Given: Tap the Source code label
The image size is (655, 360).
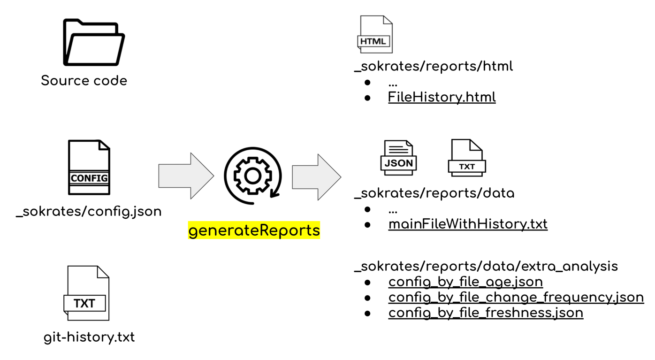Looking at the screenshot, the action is point(84,81).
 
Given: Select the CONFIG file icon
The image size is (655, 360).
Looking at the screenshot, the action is point(89,167).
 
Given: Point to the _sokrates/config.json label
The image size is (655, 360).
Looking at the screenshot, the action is point(89,212).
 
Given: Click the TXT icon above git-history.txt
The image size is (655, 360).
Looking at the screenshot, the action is point(86,293).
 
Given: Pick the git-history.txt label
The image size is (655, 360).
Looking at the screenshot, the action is point(89,337).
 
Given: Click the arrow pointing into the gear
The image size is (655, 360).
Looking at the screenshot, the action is point(186,176).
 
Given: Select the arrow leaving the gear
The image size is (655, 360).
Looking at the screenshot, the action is point(317,177).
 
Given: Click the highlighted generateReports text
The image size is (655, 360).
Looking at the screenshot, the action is point(254,230).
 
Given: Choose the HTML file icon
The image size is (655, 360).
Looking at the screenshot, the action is point(375,34).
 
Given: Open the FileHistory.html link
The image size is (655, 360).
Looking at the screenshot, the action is point(442,97).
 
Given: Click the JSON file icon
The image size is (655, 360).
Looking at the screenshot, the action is point(398,158).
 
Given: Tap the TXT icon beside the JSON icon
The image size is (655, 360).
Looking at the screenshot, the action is point(467,158).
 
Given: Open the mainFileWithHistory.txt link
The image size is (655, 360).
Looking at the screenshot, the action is point(468,224).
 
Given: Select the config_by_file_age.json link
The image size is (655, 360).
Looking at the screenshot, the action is point(465,282).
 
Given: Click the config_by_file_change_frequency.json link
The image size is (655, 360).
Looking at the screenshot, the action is point(516,298).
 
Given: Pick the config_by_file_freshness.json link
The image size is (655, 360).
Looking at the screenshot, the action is point(486,313).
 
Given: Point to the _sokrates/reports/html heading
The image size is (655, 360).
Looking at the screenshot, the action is point(434,66).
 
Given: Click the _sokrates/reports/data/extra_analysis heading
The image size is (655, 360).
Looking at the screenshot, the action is point(486,267).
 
